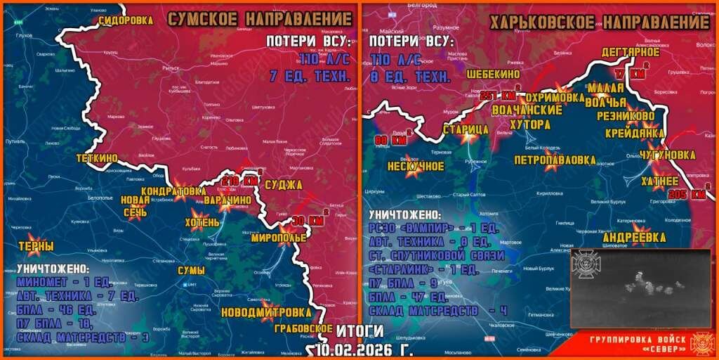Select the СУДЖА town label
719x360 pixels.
(284, 185)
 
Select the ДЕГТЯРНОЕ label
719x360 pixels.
(630, 51)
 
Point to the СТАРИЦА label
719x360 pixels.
(466, 129)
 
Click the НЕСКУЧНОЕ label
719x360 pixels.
(414, 167)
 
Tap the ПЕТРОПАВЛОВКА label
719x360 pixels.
(555, 160)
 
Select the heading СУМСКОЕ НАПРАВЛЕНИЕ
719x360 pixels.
(258, 20)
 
